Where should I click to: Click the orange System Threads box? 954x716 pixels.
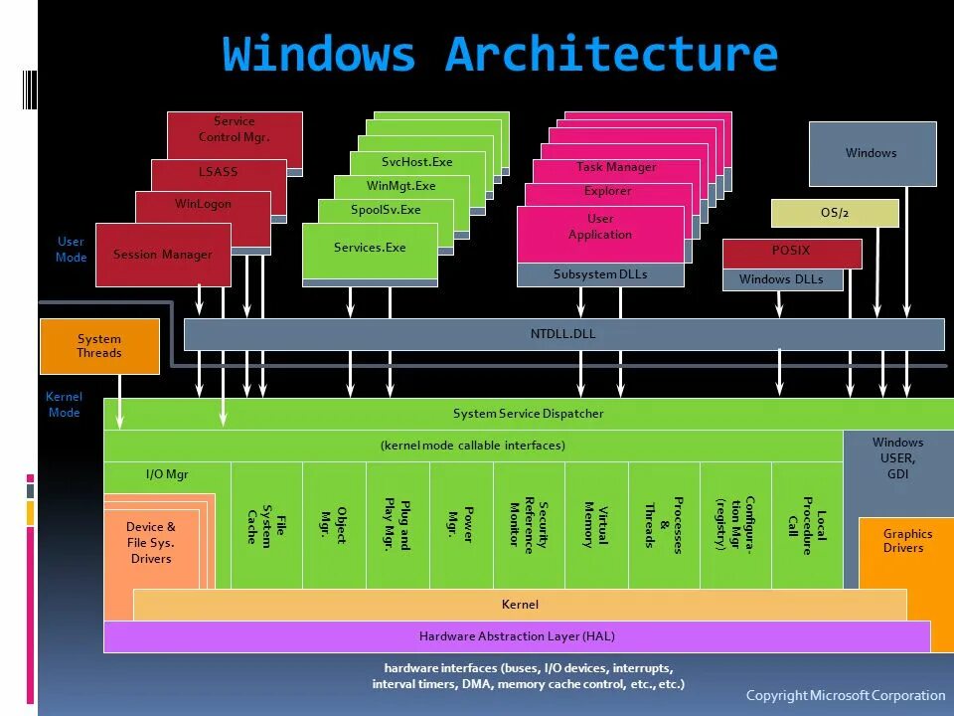coord(99,346)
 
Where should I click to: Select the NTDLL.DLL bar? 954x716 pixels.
coord(563,334)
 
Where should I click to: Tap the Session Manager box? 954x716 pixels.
coord(163,255)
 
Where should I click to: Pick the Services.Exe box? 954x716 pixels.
coord(370,249)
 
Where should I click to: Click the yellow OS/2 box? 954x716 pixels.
coord(835,213)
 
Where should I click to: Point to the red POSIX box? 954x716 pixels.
coord(791,252)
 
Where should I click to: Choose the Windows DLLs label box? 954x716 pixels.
coord(781,279)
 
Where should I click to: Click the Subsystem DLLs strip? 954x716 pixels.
coord(600,274)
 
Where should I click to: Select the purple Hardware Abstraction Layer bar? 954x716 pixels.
coord(517,636)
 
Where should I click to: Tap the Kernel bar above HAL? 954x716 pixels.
coord(520,604)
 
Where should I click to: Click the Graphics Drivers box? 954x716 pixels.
coord(903,542)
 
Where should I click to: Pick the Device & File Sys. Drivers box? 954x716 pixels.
coord(151,543)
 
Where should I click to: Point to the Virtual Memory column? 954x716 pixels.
coord(596,524)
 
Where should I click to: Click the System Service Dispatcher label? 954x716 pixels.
coord(528,414)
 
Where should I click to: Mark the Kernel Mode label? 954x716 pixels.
coord(64,405)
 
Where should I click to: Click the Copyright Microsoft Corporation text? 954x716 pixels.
coord(846,695)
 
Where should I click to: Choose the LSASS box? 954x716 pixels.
coord(219,172)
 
